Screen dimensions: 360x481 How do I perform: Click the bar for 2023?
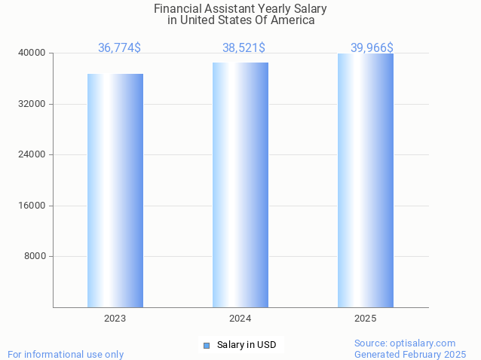click(115, 190)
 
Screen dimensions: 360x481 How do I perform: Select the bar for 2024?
click(240, 185)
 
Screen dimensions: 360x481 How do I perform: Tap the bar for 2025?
click(366, 180)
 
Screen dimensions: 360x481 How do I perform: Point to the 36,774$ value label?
click(119, 47)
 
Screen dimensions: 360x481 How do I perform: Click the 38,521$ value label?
click(244, 47)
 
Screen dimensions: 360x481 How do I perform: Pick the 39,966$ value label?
click(372, 47)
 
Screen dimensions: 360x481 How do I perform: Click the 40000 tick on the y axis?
click(32, 53)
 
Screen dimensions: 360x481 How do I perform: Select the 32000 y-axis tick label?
click(32, 104)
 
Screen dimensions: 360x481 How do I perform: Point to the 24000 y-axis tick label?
click(32, 154)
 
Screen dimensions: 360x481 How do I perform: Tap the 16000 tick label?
click(32, 206)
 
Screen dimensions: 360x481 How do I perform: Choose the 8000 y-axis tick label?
click(35, 256)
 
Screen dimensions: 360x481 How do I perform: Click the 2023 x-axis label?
click(115, 319)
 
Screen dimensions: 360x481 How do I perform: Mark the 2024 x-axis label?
click(240, 319)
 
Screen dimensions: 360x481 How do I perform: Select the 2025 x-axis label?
click(366, 319)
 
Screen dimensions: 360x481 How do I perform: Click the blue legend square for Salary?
click(207, 345)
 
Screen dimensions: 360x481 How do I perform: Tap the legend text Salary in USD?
click(247, 345)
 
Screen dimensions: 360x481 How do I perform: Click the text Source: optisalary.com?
click(405, 343)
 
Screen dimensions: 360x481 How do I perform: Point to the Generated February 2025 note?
click(410, 354)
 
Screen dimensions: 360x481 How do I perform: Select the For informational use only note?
click(66, 354)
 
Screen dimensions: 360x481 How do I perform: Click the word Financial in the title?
click(179, 9)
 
